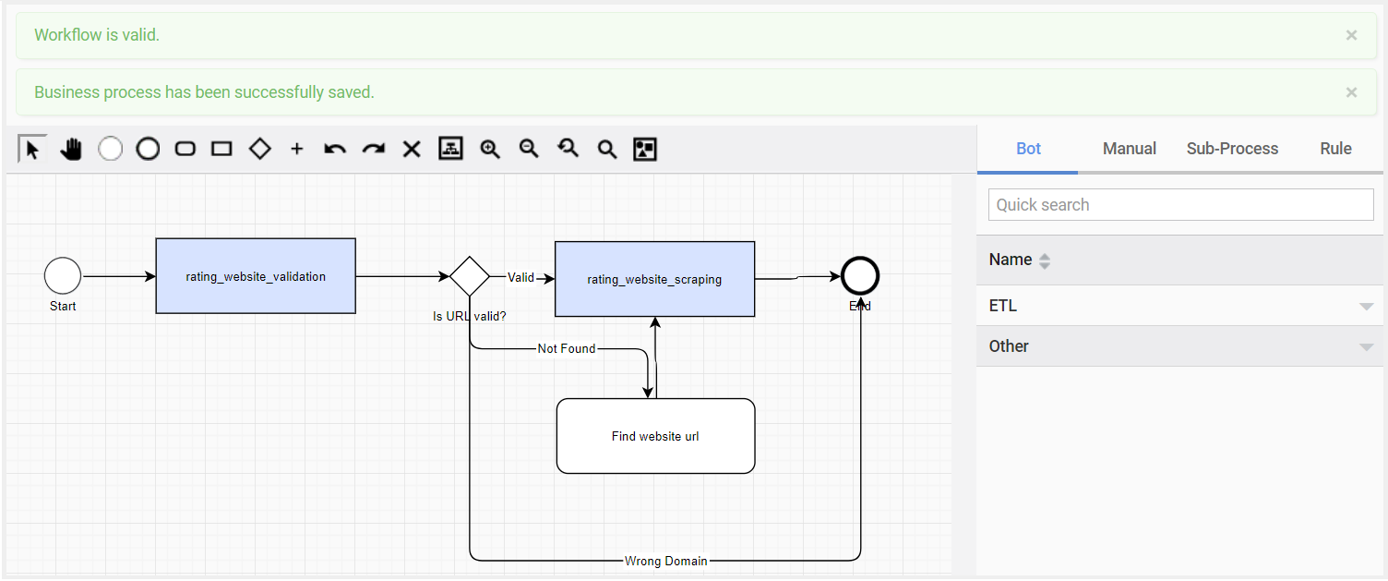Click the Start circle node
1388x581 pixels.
click(x=63, y=276)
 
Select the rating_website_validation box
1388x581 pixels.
click(x=256, y=276)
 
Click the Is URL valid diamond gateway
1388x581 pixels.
click(x=469, y=276)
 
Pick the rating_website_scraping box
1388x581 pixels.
click(x=655, y=279)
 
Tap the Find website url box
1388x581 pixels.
click(x=655, y=436)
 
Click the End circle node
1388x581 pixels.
click(x=860, y=276)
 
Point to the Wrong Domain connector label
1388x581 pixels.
click(x=666, y=561)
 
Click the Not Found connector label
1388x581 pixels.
click(x=567, y=348)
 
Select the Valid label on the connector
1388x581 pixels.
click(x=520, y=277)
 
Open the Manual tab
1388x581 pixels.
click(x=1129, y=149)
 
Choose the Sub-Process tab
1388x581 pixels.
click(x=1232, y=149)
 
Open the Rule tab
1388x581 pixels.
click(x=1335, y=149)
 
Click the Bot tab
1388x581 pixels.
click(x=1028, y=149)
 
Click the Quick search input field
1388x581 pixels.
click(x=1181, y=205)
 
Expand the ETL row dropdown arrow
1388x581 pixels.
click(x=1366, y=307)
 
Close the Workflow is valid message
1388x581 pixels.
click(x=1351, y=35)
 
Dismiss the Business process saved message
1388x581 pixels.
click(x=1351, y=92)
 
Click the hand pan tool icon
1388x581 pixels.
click(x=71, y=150)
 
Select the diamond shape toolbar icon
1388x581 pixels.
click(x=259, y=149)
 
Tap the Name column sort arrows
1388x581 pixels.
click(x=1045, y=261)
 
